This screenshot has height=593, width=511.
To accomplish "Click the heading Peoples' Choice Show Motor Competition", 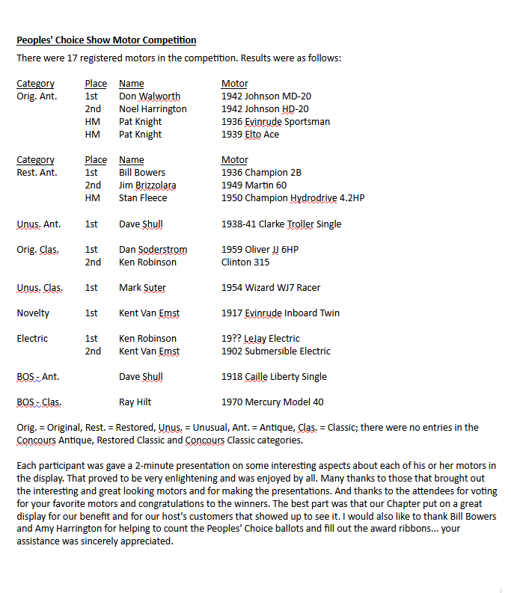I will click(x=106, y=40).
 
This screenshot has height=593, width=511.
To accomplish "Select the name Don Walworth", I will click(x=150, y=96).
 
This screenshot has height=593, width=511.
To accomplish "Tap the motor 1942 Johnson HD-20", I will click(x=265, y=109).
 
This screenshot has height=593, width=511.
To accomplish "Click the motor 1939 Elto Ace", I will click(x=250, y=135).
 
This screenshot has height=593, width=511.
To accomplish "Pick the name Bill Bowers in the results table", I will click(x=142, y=173).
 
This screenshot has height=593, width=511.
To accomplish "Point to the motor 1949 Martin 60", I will click(x=254, y=185).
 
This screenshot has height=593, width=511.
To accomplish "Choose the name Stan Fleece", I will click(x=144, y=198).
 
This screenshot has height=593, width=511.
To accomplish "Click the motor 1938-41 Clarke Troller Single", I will click(x=281, y=224).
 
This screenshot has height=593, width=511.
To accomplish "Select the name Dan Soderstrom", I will click(x=153, y=250).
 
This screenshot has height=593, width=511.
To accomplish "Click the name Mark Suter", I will click(x=142, y=288).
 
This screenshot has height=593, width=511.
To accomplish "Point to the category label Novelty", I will click(x=33, y=313).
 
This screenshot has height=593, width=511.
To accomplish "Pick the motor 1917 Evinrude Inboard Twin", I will click(x=281, y=313).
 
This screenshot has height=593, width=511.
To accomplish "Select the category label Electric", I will click(x=32, y=339).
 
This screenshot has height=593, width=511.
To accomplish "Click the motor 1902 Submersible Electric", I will click(x=275, y=351).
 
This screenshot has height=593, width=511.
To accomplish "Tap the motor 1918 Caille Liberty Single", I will click(x=274, y=377).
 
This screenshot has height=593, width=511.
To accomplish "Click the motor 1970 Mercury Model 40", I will click(x=272, y=402).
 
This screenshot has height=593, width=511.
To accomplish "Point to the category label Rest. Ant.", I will click(x=37, y=173).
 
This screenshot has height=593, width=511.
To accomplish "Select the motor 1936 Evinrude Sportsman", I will click(x=275, y=122).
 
